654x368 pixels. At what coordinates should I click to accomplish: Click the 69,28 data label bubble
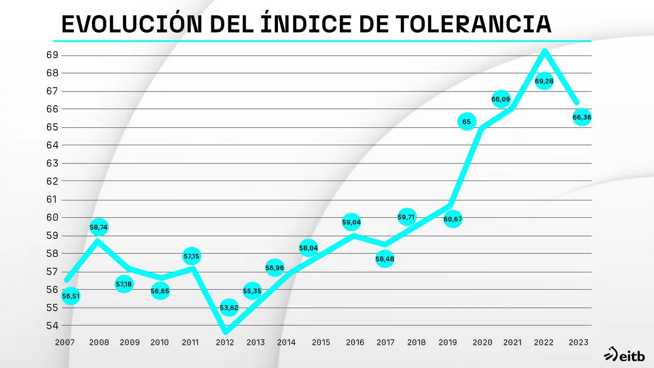click(x=544, y=81)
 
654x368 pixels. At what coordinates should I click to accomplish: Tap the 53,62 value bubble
click(x=229, y=308)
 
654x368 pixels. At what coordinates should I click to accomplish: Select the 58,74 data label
click(x=99, y=227)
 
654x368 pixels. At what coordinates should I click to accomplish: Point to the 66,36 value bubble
click(x=582, y=118)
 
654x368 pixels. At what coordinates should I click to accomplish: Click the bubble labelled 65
click(x=466, y=122)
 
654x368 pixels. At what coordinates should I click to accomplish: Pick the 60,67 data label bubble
click(x=453, y=219)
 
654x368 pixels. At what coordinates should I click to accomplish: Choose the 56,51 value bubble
click(x=71, y=296)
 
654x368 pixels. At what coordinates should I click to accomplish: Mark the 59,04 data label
click(x=352, y=222)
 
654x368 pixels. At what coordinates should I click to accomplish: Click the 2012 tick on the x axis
click(x=225, y=342)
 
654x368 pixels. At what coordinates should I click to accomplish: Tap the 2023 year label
click(x=578, y=342)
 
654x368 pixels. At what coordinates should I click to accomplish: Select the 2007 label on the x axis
click(x=65, y=342)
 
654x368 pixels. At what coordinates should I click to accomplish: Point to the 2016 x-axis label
click(x=354, y=342)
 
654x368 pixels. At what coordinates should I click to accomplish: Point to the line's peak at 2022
click(x=545, y=51)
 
